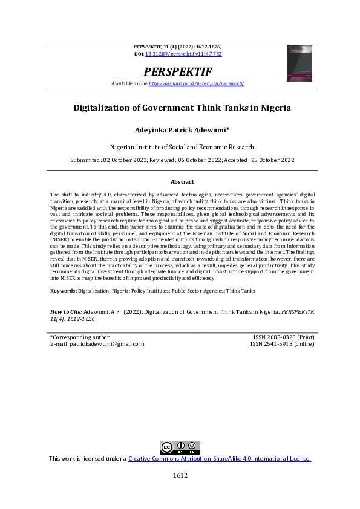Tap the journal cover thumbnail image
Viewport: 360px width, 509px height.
tap(299, 63)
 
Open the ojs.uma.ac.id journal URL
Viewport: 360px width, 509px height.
tap(196, 83)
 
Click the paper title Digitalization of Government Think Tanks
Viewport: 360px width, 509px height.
tap(182, 109)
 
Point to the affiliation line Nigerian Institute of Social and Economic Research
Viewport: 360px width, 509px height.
tap(182, 147)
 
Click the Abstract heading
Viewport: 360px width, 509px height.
tap(182, 181)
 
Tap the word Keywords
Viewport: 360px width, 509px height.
tap(62, 291)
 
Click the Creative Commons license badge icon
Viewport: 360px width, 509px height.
tap(180, 447)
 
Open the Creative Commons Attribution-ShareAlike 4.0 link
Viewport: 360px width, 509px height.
tap(220, 459)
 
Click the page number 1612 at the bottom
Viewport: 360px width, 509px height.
tap(180, 475)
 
